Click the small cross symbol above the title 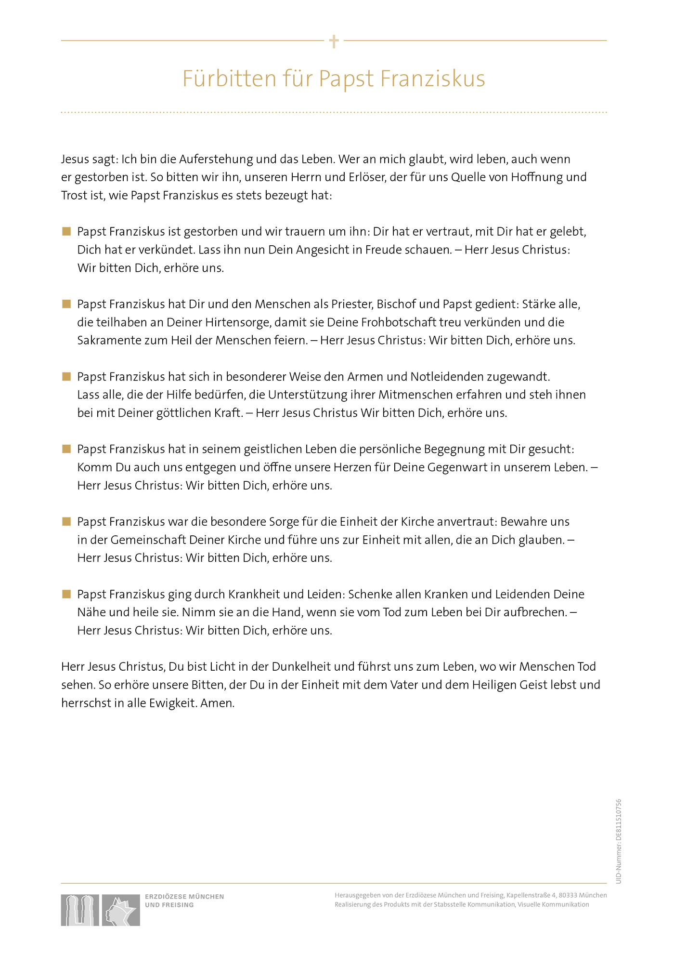pos(334,41)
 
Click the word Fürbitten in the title pos(229,79)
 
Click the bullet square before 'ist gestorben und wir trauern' pos(66,231)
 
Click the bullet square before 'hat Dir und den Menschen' pos(66,304)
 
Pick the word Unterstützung pos(308,395)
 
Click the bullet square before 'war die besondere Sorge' pos(66,521)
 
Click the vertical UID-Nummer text pos(619,841)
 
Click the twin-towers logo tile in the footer pos(80,910)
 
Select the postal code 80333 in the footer pos(568,895)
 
